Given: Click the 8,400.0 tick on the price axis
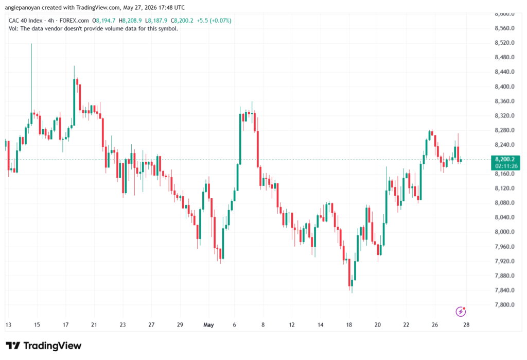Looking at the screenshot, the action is point(504,87).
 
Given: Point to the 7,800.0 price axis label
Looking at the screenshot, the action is point(504,305).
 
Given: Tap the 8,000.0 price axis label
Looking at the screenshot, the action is point(504,232).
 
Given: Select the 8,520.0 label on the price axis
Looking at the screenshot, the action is point(504,43).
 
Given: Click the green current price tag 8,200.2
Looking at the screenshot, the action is point(504,159).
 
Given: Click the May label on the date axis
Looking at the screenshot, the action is point(209,324).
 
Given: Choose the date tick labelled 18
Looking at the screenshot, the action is point(349,324).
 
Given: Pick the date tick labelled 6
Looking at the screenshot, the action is point(234,324).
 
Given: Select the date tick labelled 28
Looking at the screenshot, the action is point(466,324).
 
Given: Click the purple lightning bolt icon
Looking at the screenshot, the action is point(461,312).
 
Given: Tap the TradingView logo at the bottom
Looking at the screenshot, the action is point(43,346).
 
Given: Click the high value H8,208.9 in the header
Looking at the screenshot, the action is point(130,21).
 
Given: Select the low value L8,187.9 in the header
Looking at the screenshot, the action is point(156,21).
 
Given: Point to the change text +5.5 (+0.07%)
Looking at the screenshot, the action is point(214,21).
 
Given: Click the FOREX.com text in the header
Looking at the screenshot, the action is point(74,21).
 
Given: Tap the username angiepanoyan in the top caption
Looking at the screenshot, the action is point(23,7).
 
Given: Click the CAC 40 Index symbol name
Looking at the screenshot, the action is point(26,21).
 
